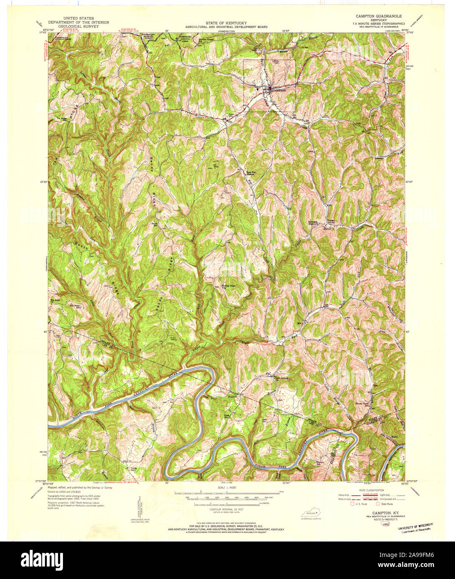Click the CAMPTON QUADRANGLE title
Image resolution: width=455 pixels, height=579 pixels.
click(378, 15)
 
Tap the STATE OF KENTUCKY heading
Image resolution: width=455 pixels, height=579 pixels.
click(227, 22)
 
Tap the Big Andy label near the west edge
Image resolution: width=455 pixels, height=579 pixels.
click(55, 299)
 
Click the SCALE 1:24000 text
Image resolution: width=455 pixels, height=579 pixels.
click(227, 488)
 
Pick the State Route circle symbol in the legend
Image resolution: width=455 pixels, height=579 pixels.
click(378, 504)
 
